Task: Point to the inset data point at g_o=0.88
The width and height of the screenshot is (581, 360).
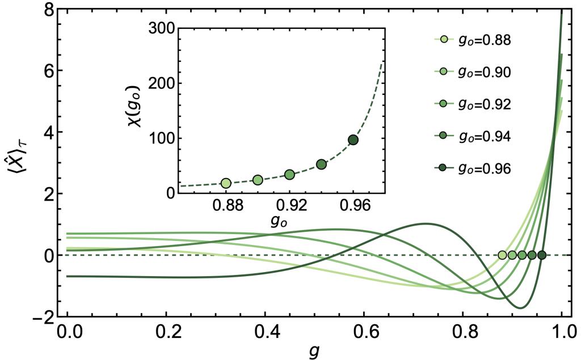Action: point(226,183)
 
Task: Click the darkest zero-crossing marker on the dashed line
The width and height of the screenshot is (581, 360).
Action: point(542,255)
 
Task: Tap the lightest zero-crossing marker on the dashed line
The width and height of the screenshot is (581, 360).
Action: point(502,255)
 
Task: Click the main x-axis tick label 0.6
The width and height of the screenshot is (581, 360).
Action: point(364,331)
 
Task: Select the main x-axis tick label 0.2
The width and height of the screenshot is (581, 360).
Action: point(166,331)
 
